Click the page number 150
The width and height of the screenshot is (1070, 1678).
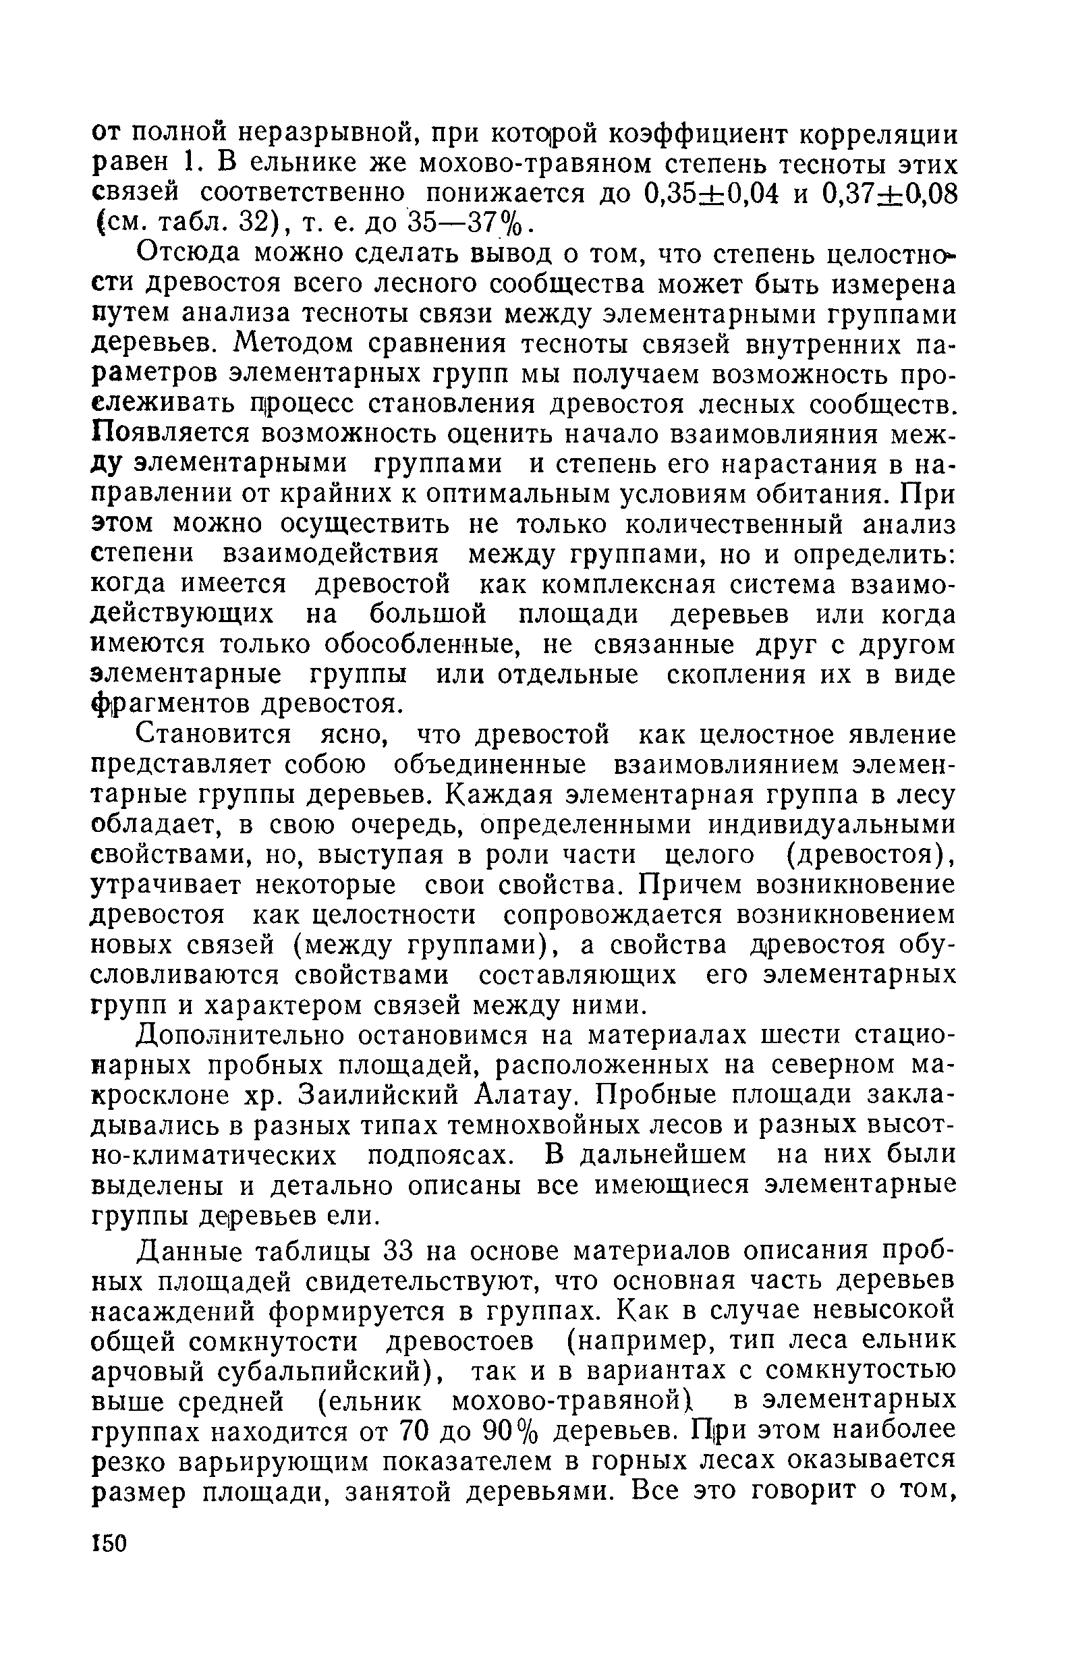110,1544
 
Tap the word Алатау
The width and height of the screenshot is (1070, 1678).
528,1096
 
